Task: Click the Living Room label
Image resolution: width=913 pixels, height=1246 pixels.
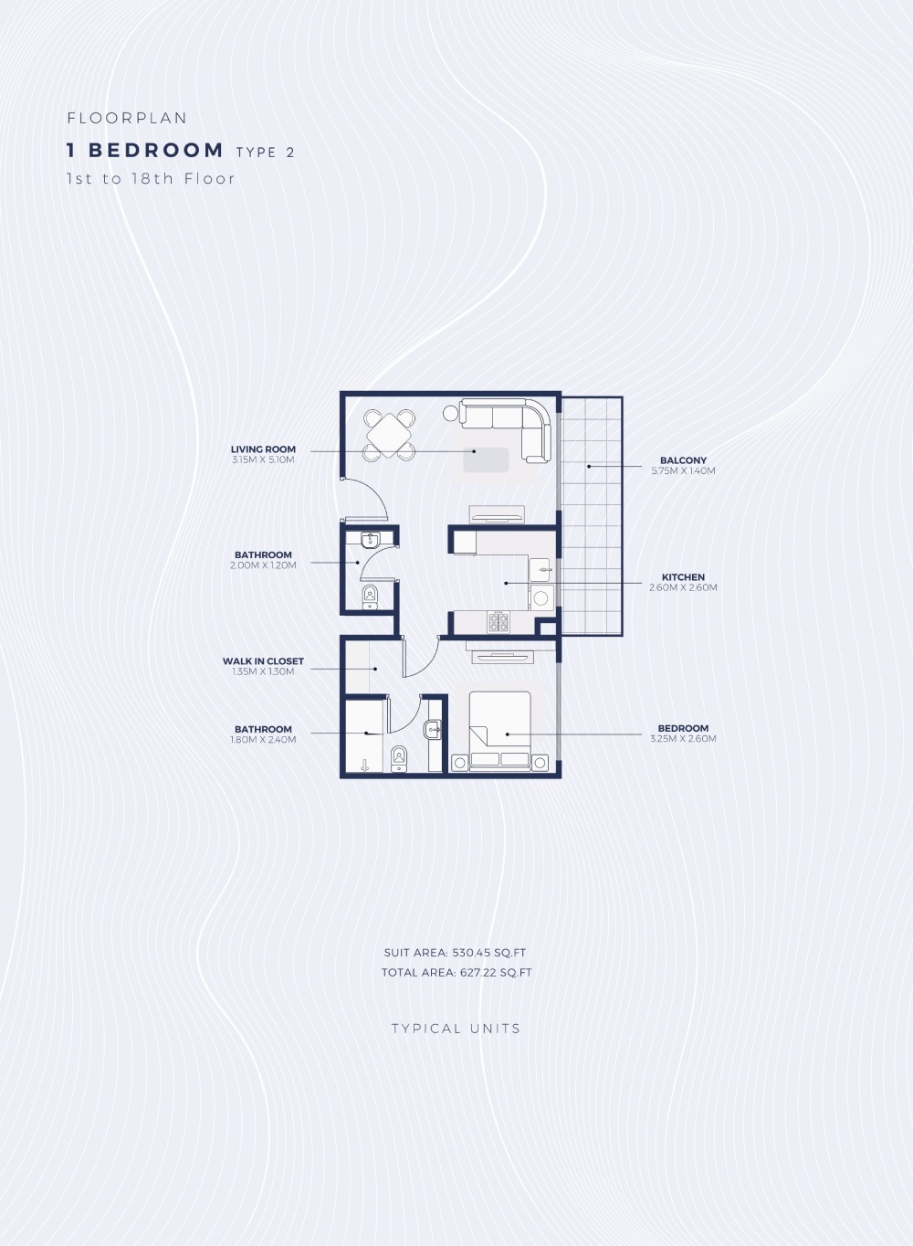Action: (263, 449)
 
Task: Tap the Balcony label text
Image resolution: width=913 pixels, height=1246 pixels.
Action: (683, 460)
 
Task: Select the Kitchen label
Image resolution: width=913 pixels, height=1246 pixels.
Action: (683, 576)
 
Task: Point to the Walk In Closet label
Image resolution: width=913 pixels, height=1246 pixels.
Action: (263, 660)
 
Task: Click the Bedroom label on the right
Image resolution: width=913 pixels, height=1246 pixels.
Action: (683, 728)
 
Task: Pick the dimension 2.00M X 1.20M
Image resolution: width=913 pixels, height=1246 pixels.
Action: (263, 565)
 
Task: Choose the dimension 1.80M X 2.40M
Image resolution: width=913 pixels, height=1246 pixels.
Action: (263, 739)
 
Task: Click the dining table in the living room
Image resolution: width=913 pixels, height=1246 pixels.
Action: (389, 435)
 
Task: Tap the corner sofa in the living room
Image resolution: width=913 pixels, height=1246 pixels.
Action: (506, 430)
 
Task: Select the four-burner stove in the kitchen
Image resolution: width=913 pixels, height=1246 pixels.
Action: (498, 622)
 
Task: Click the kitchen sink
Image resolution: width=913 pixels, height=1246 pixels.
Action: (540, 570)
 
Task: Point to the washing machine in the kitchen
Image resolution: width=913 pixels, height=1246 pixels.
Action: (541, 598)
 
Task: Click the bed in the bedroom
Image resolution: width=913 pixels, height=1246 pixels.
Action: (499, 731)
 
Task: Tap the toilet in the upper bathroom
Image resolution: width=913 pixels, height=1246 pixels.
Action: (371, 597)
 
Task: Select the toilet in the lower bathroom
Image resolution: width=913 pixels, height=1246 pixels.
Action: (399, 759)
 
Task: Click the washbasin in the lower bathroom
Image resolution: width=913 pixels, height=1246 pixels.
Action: (433, 729)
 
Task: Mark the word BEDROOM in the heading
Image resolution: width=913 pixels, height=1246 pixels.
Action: (156, 150)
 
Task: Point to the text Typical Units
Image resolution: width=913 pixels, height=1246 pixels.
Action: (456, 1029)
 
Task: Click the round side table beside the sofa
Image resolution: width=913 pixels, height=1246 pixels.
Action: (450, 413)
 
